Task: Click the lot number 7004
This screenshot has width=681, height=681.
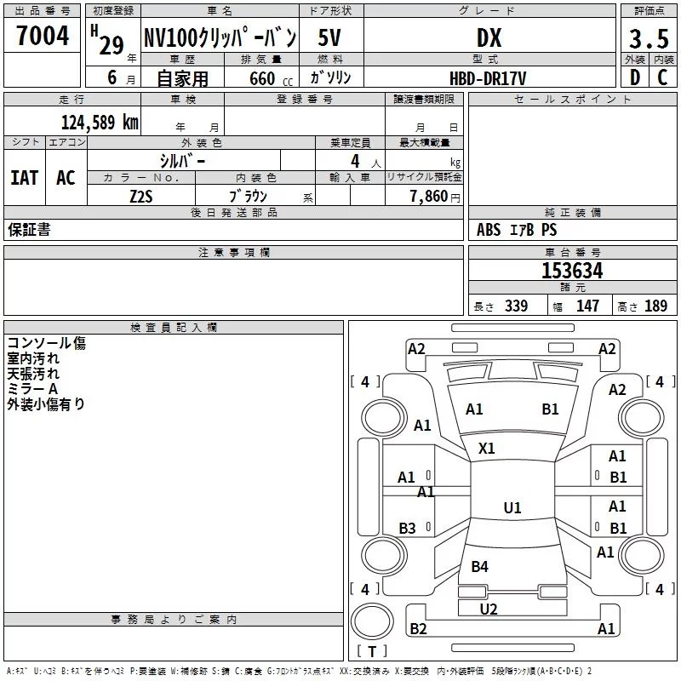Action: tap(43, 36)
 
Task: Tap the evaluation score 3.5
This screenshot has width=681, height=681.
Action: tap(649, 38)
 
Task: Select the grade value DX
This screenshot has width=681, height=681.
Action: tap(489, 38)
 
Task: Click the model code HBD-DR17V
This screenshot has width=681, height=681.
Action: tap(488, 78)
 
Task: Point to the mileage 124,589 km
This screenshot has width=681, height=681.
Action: tap(100, 123)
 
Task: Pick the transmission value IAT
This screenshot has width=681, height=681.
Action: tap(25, 178)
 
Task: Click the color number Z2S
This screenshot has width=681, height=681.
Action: tap(141, 197)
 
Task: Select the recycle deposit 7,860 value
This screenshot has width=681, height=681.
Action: tap(429, 196)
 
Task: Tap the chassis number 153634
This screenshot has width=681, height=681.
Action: tap(572, 271)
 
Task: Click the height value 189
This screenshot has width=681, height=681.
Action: tap(655, 306)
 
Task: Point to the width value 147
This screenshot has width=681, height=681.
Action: tap(587, 306)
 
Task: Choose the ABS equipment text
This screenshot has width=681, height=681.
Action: tap(489, 230)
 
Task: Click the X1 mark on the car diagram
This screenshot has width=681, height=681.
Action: tap(486, 449)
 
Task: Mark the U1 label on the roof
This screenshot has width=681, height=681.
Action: tap(512, 507)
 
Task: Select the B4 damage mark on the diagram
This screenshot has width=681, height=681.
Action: tap(479, 566)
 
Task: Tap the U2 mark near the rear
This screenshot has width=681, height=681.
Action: tap(489, 609)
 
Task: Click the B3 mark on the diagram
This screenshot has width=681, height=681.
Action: tap(408, 528)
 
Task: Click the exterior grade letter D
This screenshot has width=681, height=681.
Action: tap(635, 77)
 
